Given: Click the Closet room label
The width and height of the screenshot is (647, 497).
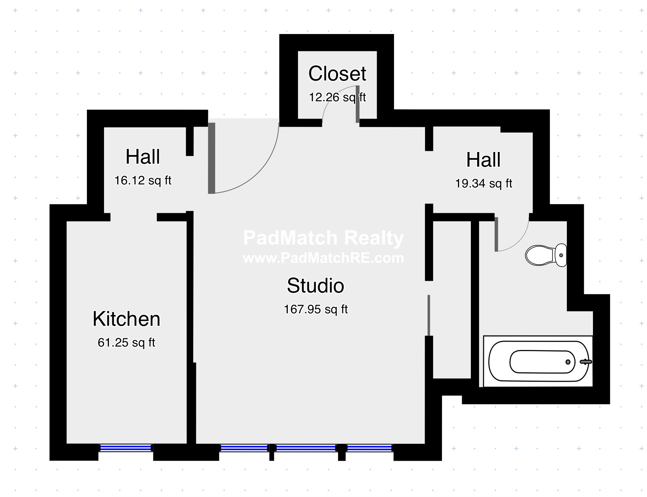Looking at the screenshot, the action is pyautogui.click(x=337, y=73).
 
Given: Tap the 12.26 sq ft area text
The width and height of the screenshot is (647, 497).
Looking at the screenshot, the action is pyautogui.click(x=337, y=98).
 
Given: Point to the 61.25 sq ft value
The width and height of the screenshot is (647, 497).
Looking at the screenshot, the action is pyautogui.click(x=126, y=342).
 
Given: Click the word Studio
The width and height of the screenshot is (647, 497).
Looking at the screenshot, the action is pyautogui.click(x=315, y=285).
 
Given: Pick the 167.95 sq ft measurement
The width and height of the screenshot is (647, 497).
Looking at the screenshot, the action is pyautogui.click(x=316, y=310).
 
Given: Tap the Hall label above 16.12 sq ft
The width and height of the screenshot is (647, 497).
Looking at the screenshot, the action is pyautogui.click(x=143, y=156).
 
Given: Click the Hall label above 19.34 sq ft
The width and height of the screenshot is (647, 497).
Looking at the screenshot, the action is pyautogui.click(x=483, y=159).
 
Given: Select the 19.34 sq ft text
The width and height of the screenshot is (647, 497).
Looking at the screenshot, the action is pyautogui.click(x=484, y=184).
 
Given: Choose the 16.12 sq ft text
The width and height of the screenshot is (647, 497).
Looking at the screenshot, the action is pyautogui.click(x=143, y=181).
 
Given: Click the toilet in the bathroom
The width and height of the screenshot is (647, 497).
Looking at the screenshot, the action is pyautogui.click(x=546, y=255).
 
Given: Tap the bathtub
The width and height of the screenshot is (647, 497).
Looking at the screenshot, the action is pyautogui.click(x=538, y=361).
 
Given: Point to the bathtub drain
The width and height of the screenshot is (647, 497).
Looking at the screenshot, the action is pyautogui.click(x=568, y=362).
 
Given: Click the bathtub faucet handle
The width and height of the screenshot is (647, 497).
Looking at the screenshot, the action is pyautogui.click(x=586, y=362).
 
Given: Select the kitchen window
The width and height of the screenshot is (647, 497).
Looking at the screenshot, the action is pyautogui.click(x=126, y=448).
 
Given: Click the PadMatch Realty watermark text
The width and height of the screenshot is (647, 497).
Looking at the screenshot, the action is pyautogui.click(x=323, y=238).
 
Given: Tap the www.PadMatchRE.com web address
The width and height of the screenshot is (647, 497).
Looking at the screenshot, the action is pyautogui.click(x=323, y=258).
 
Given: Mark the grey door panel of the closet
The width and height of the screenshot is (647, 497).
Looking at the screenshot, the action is pyautogui.click(x=357, y=104).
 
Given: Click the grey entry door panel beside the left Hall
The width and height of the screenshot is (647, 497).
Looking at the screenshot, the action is pyautogui.click(x=212, y=158).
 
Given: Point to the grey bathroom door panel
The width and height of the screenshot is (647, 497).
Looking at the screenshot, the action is pyautogui.click(x=496, y=234).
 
